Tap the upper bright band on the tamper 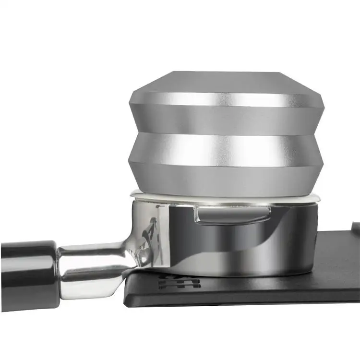coord(226,100)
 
